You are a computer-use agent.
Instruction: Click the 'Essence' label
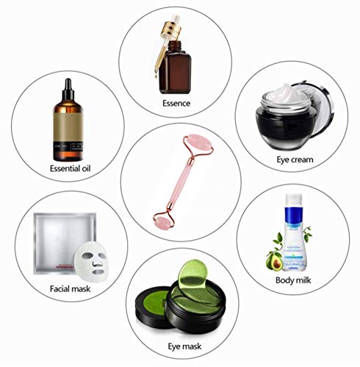pyautogui.click(x=176, y=103)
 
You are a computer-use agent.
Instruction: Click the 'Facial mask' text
pyautogui.click(x=71, y=289)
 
